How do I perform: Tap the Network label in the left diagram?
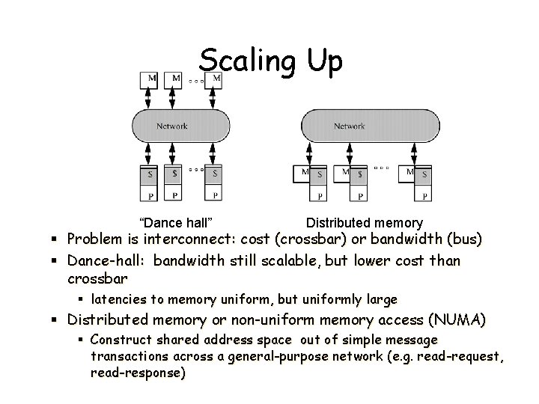coord(172,126)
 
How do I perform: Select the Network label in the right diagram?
coord(349,126)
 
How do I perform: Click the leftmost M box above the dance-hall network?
coord(152,78)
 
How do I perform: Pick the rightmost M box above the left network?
coord(217,78)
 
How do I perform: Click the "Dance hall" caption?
coord(177,222)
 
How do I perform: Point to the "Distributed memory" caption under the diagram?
coord(365,222)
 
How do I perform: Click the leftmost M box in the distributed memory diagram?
coord(305,174)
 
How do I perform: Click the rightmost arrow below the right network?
coord(425,154)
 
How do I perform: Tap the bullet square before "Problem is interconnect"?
coord(57,241)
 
